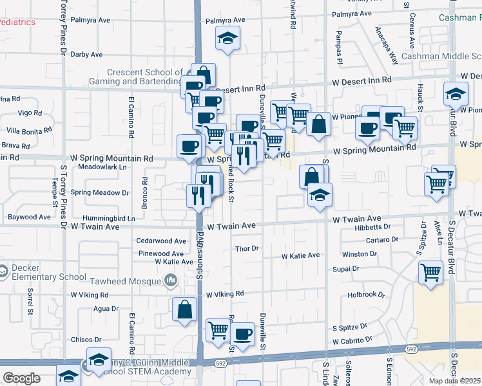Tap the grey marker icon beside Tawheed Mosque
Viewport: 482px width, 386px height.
[171, 280]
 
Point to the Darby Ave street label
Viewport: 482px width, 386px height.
[87, 55]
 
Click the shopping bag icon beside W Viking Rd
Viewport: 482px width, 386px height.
[185, 309]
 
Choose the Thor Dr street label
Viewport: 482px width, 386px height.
[247, 248]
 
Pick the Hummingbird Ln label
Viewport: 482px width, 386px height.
[113, 219]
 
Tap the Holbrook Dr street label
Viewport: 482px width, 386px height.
[366, 295]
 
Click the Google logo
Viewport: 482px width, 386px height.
[21, 378]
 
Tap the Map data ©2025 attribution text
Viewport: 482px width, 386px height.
[455, 381]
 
